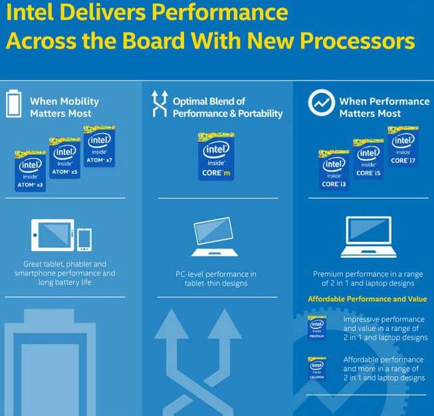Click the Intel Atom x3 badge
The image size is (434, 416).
tap(31, 170)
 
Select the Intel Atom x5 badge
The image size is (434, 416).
tap(65, 159)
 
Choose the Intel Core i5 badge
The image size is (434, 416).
tap(368, 160)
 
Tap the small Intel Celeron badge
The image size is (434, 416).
tap(317, 368)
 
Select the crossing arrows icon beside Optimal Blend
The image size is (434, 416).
tap(159, 105)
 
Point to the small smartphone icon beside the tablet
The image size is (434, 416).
tap(84, 239)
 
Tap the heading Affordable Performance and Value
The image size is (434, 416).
tap(367, 299)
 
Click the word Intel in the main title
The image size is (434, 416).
tap(29, 13)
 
